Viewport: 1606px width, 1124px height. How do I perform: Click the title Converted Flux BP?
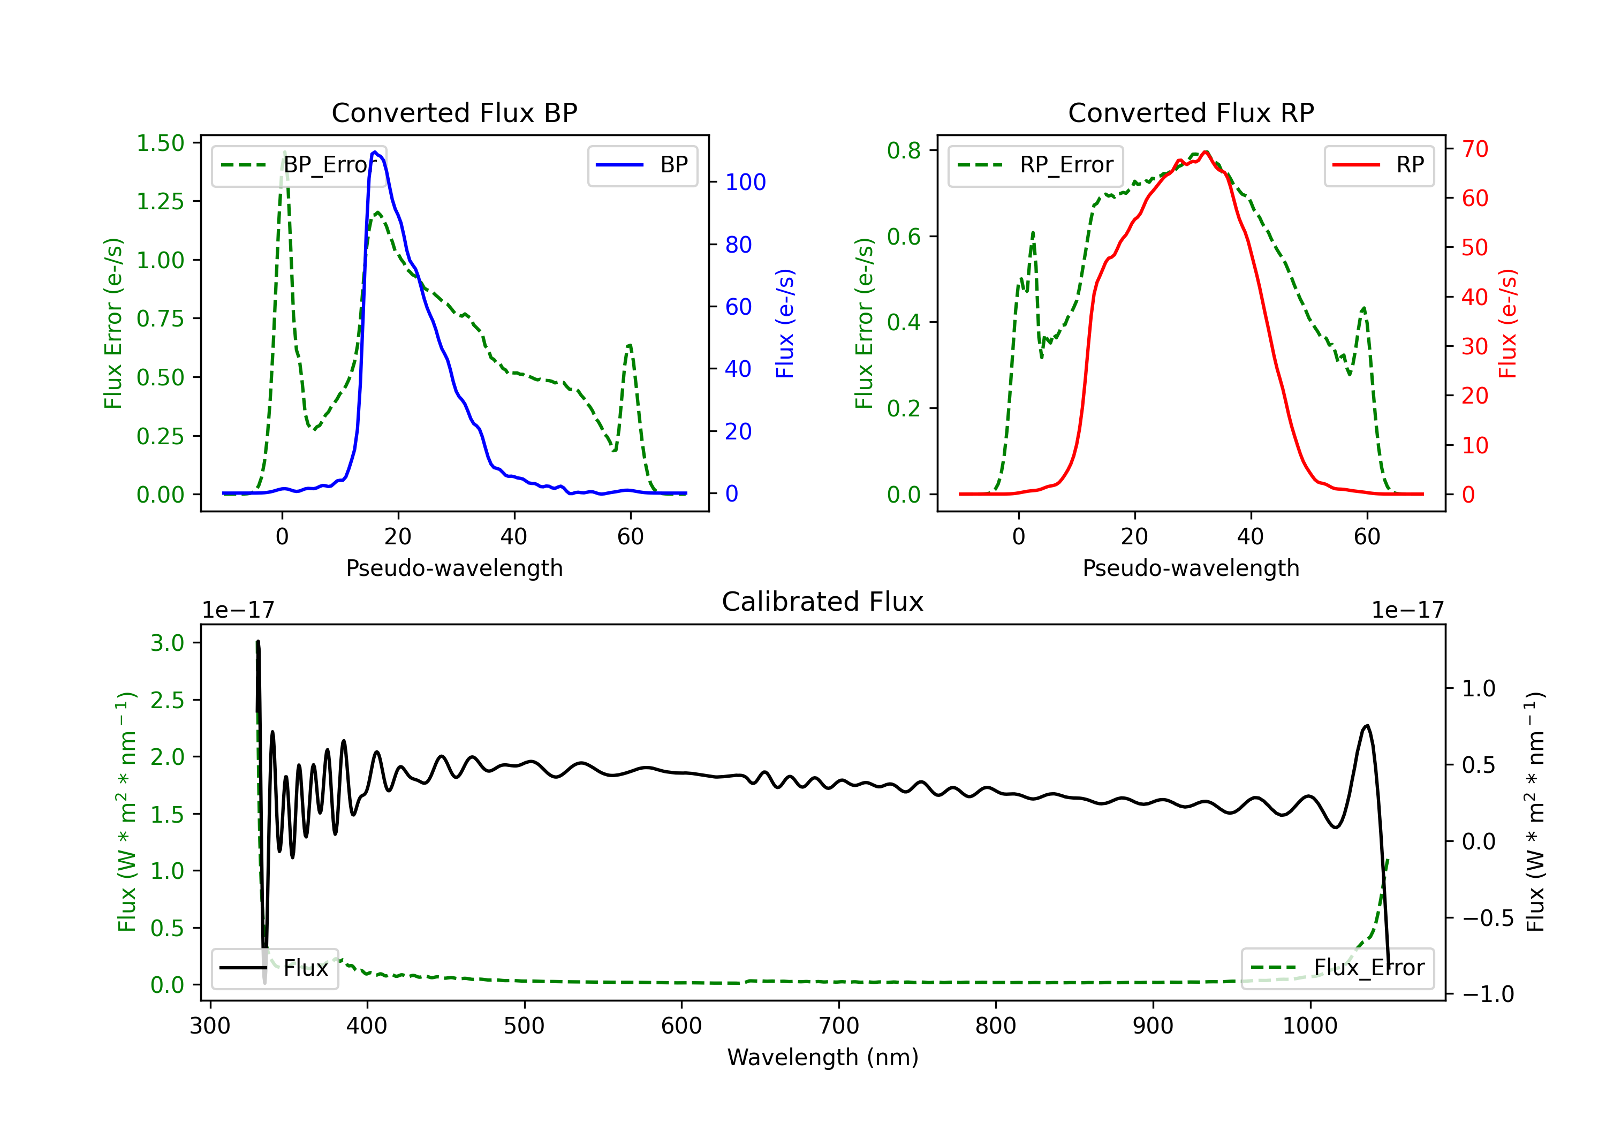point(454,112)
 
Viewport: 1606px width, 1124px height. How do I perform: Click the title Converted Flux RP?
point(1191,112)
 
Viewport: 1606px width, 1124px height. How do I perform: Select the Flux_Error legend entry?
point(1337,968)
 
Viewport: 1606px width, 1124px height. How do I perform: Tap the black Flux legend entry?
point(275,968)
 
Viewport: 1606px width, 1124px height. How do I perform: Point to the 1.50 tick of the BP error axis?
point(160,143)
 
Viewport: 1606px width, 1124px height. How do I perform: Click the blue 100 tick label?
point(745,183)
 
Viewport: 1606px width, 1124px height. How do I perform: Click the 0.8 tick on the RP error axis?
point(903,150)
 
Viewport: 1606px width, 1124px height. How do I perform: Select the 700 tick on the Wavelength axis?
point(839,1026)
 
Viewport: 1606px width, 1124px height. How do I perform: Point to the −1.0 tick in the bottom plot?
point(1488,994)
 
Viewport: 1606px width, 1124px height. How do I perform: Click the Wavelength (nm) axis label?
point(823,1057)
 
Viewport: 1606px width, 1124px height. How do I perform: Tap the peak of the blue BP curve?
point(376,152)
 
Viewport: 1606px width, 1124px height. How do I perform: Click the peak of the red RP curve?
point(1205,152)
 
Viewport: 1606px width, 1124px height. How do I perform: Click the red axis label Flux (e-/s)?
point(1507,323)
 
